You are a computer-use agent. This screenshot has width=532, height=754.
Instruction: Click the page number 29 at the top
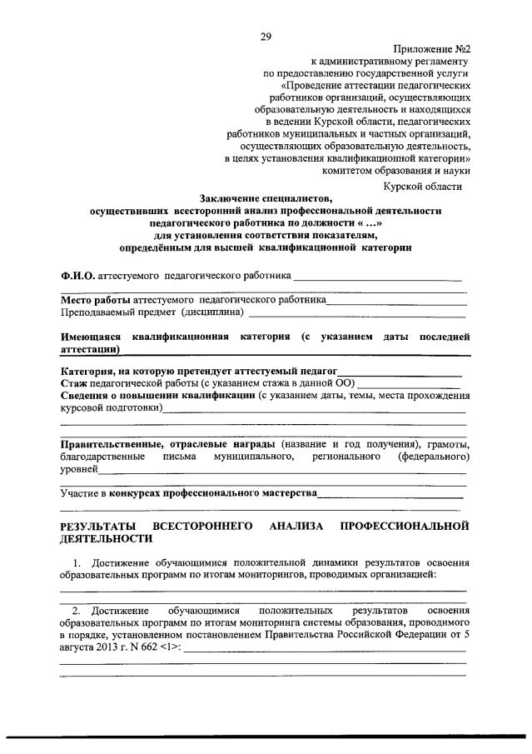(266, 36)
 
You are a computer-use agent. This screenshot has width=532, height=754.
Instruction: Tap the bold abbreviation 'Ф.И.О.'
(78, 274)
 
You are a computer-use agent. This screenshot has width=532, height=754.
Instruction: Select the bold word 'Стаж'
(73, 382)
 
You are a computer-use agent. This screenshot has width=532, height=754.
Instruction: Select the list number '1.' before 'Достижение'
(79, 562)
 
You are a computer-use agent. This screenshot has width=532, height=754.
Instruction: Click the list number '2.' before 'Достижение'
(77, 611)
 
